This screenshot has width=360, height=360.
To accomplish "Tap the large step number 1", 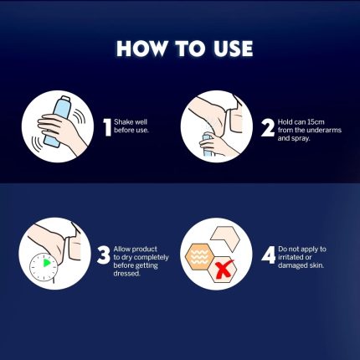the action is tap(107, 127).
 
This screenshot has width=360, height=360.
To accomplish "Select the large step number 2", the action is tap(268, 128).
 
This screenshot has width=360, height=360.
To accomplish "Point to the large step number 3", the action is tap(104, 255).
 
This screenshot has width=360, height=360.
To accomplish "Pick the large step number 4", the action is tap(269, 255).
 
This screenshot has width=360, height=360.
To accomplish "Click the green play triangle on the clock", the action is tap(47, 263).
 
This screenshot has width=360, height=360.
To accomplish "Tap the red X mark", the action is tap(224, 270).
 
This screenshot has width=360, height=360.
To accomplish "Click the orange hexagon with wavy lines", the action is tap(200, 256).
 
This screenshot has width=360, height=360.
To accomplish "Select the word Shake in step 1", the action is tap(124, 122).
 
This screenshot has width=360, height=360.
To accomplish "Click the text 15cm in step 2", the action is tap(316, 122).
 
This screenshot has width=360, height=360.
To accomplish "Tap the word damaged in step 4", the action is tap(291, 265).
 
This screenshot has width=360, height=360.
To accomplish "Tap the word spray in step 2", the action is tap(301, 138).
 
